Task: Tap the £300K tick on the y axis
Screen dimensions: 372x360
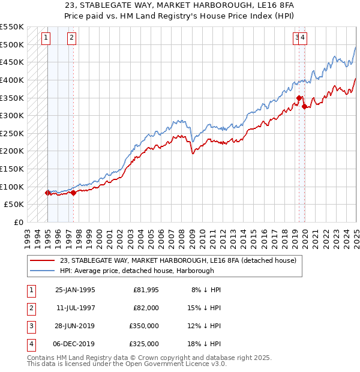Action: [x=13, y=115]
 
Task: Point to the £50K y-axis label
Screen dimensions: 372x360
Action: [x=14, y=205]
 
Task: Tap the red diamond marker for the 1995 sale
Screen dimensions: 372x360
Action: [x=47, y=193]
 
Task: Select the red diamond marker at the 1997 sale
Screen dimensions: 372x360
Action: [x=73, y=193]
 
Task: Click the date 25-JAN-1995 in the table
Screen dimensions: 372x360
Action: [x=75, y=290]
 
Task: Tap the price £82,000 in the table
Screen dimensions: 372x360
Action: [x=146, y=308]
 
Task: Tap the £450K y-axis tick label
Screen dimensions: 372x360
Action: [x=13, y=62]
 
